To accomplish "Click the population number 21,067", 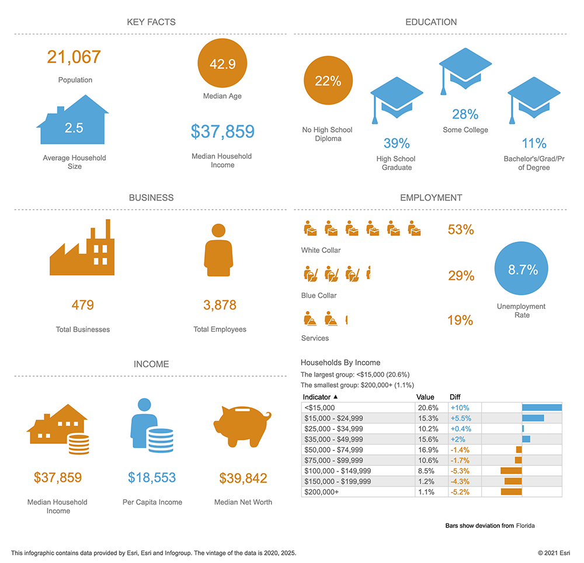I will pyautogui.click(x=74, y=57).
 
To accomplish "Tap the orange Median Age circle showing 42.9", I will pyautogui.click(x=223, y=64).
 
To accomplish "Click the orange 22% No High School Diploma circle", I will pyautogui.click(x=328, y=81).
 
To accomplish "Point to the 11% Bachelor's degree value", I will pyautogui.click(x=534, y=143).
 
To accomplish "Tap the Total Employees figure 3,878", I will pyautogui.click(x=220, y=305).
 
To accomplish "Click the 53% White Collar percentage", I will pyautogui.click(x=461, y=230).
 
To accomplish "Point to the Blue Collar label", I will pyautogui.click(x=319, y=296).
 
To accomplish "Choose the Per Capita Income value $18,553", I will pyautogui.click(x=152, y=478).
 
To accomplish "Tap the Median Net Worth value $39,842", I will pyautogui.click(x=243, y=479).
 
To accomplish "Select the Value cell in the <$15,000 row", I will pyautogui.click(x=427, y=408).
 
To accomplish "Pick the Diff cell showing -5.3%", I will pyautogui.click(x=460, y=471).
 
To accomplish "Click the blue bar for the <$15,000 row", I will pyautogui.click(x=541, y=408).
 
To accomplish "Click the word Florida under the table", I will pyautogui.click(x=526, y=526).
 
